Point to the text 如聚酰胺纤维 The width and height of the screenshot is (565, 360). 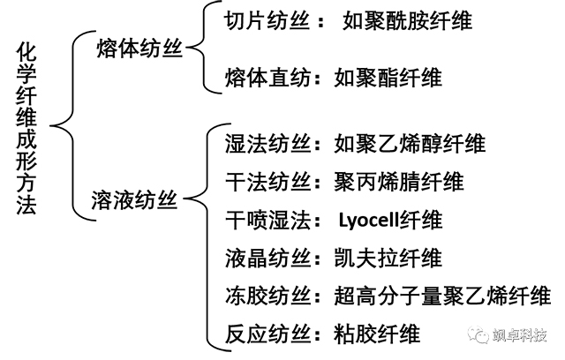[x=407, y=20]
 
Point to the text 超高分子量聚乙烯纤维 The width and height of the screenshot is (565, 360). [x=442, y=295]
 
